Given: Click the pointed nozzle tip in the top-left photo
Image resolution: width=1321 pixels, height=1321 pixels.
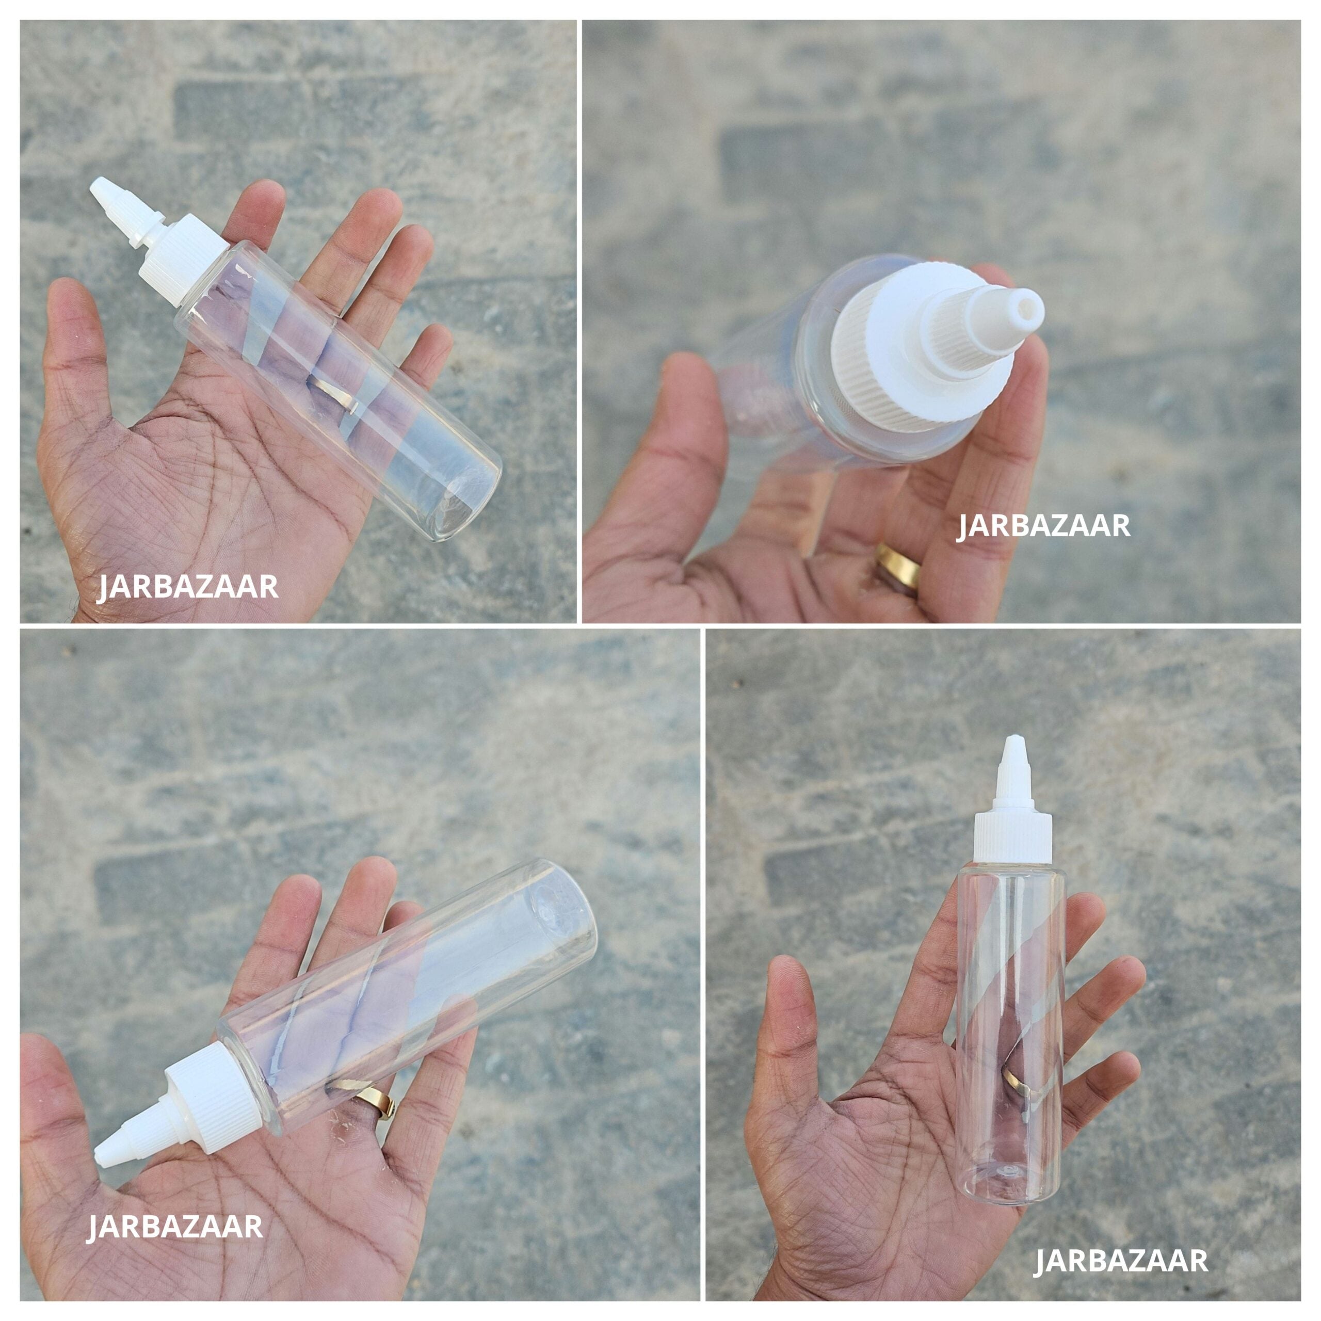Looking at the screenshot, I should coord(103,188).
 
